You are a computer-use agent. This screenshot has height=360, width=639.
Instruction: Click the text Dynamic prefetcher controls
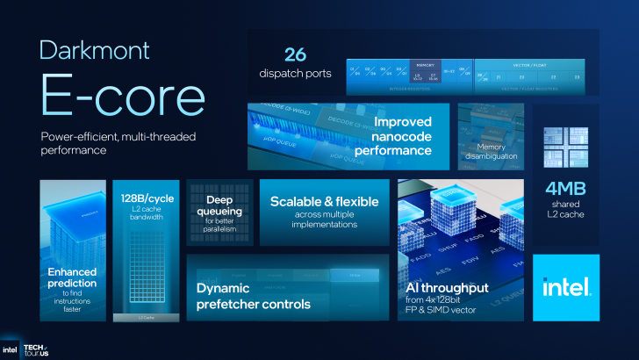click(x=254, y=296)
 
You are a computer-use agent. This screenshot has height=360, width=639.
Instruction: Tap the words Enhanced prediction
click(x=73, y=278)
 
